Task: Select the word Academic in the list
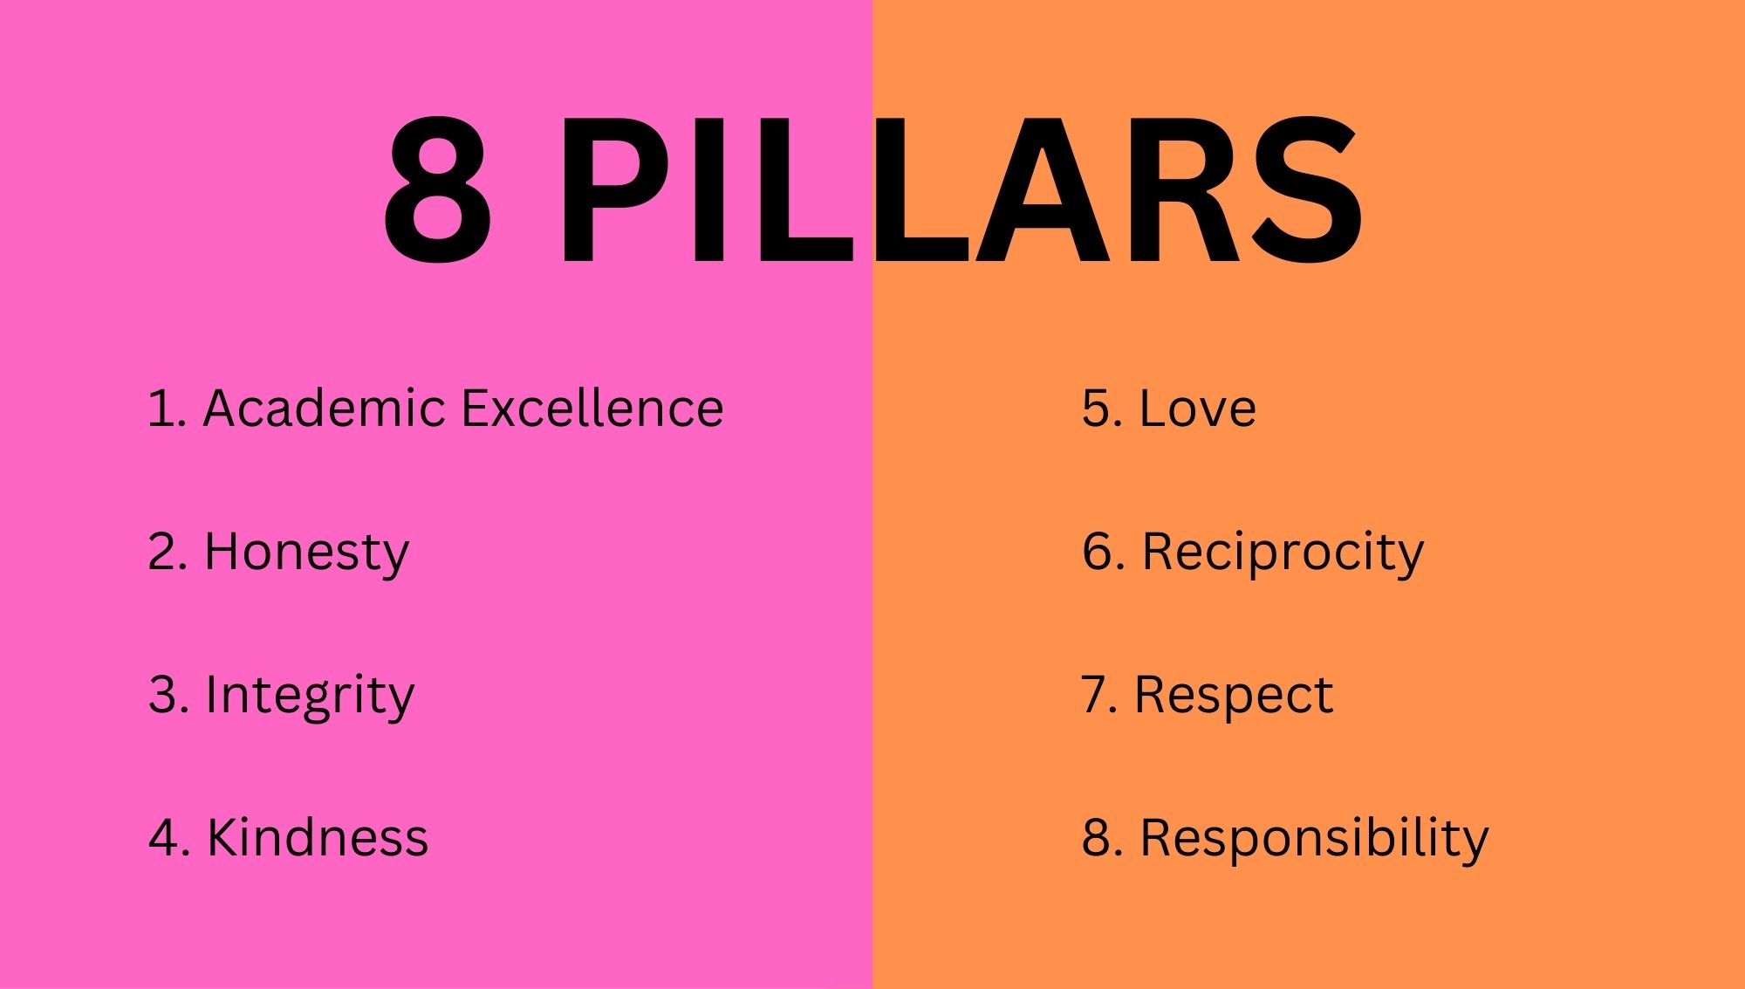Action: tap(325, 408)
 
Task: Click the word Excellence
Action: tap(592, 408)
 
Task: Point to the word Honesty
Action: tap(306, 553)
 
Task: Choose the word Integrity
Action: tap(310, 697)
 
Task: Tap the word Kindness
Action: tap(318, 837)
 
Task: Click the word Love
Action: tap(1198, 408)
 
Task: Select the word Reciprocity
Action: tap(1283, 553)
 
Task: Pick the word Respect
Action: tap(1234, 697)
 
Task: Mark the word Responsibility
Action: tap(1314, 839)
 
